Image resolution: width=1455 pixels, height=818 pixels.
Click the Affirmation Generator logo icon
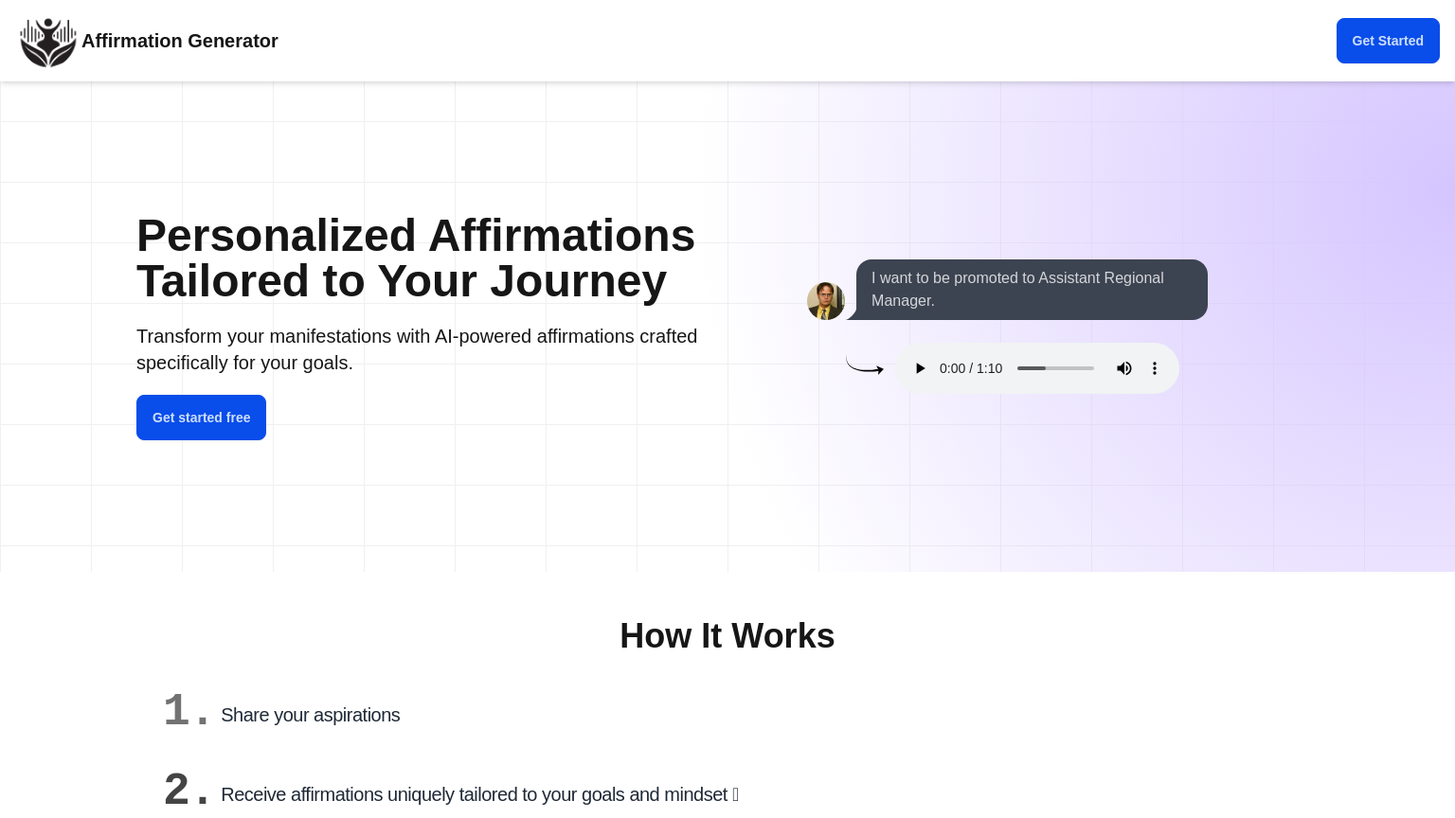[48, 42]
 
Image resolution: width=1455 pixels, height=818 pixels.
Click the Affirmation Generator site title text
[180, 41]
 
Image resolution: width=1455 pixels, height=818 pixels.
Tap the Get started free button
[201, 418]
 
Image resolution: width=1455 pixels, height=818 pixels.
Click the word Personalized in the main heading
[276, 236]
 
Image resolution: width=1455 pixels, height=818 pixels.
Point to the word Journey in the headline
[578, 281]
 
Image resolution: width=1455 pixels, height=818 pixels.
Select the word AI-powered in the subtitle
[483, 336]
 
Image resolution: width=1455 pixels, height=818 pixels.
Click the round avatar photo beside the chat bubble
[826, 301]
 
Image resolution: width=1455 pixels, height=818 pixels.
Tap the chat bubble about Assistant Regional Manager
[1031, 290]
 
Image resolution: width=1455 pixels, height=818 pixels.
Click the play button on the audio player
[920, 368]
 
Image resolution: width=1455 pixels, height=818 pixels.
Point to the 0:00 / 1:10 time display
[971, 368]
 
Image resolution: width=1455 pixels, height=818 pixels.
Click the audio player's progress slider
[1055, 368]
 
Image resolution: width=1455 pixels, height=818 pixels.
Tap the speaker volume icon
[1124, 368]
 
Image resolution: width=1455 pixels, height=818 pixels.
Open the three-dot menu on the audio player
[1155, 368]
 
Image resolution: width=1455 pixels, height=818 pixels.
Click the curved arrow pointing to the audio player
[864, 366]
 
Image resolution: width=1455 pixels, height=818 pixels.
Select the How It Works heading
[727, 636]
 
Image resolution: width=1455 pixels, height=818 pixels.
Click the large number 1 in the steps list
[176, 710]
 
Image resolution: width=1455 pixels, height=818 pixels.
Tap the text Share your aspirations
[311, 715]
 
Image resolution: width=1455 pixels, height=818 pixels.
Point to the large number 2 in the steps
[176, 789]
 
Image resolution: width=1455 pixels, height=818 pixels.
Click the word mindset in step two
[696, 794]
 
